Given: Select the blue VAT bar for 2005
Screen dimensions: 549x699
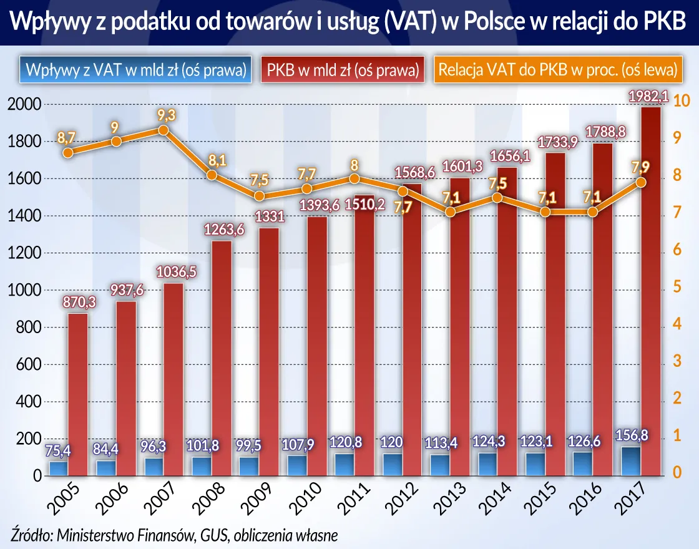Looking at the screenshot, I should pyautogui.click(x=59, y=469).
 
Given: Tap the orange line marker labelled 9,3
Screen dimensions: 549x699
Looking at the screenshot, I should pyautogui.click(x=164, y=130).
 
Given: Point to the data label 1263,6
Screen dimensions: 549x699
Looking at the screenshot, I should pyautogui.click(x=223, y=230).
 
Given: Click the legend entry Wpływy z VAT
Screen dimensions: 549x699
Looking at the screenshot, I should pyautogui.click(x=132, y=70).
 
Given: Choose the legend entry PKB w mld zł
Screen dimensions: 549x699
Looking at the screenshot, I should pyautogui.click(x=342, y=70).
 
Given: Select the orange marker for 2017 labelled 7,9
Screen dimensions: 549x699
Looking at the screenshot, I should pyautogui.click(x=641, y=182).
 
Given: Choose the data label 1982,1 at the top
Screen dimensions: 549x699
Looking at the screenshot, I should pyautogui.click(x=647, y=96).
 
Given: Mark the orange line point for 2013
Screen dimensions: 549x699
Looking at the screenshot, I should pyautogui.click(x=450, y=212).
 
